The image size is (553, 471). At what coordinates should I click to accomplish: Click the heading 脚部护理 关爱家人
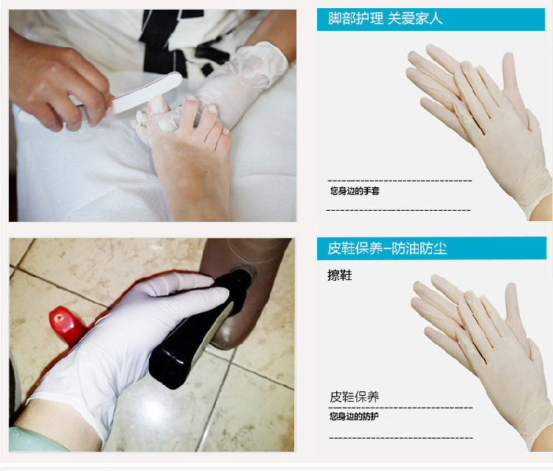385,18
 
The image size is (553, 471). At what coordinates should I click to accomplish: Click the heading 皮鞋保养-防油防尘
387,248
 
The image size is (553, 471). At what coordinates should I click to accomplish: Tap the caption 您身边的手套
355,191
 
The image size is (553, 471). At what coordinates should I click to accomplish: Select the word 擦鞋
340,275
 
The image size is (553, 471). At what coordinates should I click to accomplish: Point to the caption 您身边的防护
354,416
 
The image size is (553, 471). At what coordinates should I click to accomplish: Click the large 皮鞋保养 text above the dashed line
355,397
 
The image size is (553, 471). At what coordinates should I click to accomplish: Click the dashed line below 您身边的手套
398,210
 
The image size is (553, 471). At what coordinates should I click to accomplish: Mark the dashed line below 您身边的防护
400,438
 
